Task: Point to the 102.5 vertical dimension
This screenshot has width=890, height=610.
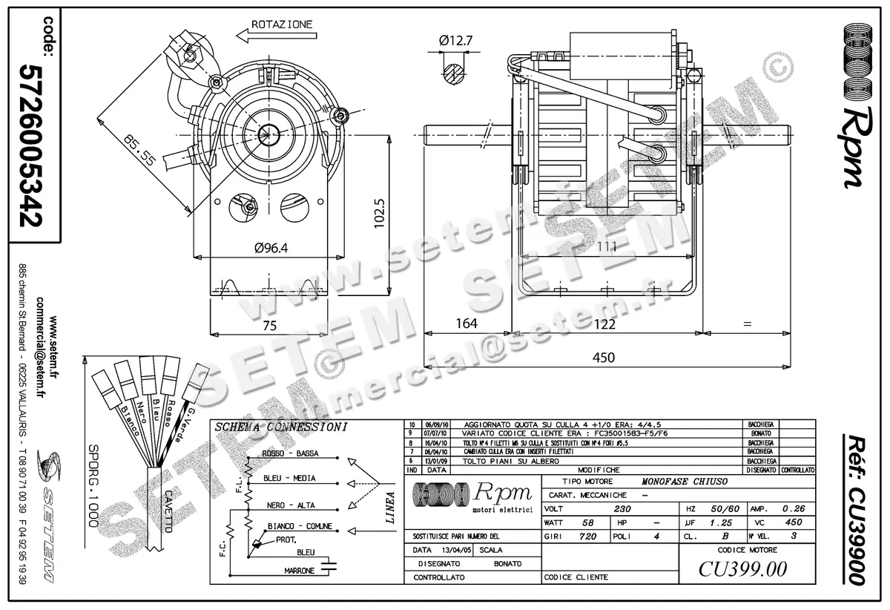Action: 378,213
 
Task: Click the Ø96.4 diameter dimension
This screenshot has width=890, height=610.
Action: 271,249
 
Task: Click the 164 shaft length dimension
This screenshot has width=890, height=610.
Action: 466,324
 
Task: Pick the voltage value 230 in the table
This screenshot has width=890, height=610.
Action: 623,510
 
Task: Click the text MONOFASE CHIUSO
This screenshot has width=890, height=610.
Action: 685,482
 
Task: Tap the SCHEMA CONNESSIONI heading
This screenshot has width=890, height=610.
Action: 280,427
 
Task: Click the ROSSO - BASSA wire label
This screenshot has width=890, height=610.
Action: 290,453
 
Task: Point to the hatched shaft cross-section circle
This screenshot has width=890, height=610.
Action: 455,72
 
